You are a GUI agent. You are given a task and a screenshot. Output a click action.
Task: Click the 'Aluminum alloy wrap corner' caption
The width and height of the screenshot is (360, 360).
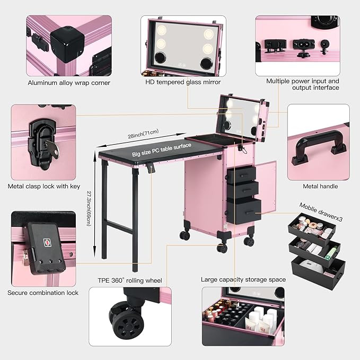pos(69,83)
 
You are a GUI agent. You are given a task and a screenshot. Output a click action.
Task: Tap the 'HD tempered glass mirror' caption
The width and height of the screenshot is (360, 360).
pos(183,82)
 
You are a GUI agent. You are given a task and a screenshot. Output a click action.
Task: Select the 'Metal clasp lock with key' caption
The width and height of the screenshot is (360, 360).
pos(44,187)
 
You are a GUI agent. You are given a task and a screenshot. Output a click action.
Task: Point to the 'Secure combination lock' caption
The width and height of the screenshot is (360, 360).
pos(43,293)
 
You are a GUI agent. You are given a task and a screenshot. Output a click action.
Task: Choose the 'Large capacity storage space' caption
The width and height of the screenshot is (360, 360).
pos(243,279)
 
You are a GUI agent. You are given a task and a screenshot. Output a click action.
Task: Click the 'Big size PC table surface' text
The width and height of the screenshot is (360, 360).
pos(161,153)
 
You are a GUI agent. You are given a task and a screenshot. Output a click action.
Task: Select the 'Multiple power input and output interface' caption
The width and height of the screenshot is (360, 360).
pos(303,84)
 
